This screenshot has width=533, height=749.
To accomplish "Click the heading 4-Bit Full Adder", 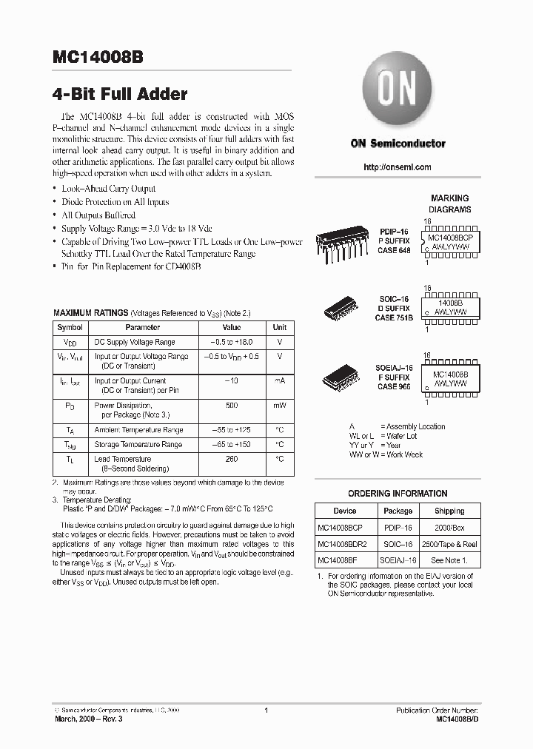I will tap(120, 94).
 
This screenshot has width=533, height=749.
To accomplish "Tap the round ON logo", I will tap(398, 93).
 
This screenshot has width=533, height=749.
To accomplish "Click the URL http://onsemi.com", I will tap(398, 167).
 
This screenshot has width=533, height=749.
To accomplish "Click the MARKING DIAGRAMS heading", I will tap(449, 204).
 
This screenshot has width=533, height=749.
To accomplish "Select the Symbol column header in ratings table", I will tap(70, 327).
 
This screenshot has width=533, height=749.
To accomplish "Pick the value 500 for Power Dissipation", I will tap(231, 406).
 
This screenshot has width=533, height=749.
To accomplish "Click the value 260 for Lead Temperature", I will tap(231, 459).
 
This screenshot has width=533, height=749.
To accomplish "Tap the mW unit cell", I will tap(279, 406).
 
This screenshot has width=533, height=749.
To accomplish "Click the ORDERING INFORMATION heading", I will tap(398, 494).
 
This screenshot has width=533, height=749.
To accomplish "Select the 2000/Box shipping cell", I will tap(449, 528).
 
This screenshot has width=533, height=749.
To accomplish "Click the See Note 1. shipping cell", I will tap(449, 561).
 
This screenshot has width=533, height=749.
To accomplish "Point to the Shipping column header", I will tap(449, 511).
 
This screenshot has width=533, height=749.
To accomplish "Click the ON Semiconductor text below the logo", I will tap(398, 144).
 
